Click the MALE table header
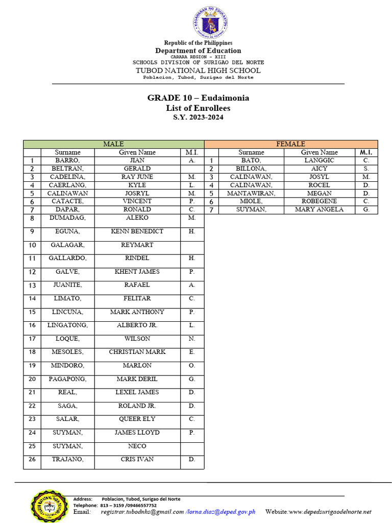click(113, 144)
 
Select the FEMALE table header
click(290, 144)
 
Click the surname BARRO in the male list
click(67, 160)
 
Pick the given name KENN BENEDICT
click(137, 231)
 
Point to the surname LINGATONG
click(67, 325)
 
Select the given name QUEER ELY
click(137, 419)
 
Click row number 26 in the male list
click(32, 460)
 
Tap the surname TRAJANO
click(67, 460)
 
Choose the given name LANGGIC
click(319, 160)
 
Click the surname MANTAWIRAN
click(251, 193)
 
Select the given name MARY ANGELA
click(319, 209)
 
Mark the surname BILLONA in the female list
click(251, 169)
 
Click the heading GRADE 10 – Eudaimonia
click(198, 98)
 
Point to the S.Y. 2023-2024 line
click(198, 117)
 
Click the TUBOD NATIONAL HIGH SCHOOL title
click(198, 70)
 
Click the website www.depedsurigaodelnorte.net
click(330, 512)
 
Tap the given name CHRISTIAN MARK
click(137, 352)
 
